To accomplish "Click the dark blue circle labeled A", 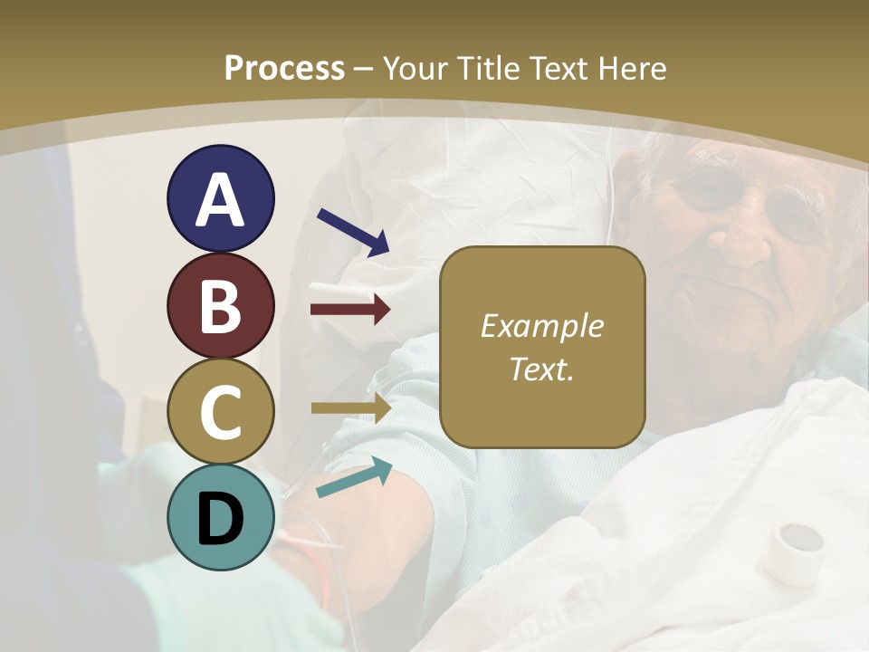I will pos(221,198).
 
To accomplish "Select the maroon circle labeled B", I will pos(221,305).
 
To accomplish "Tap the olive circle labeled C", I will pos(221,412).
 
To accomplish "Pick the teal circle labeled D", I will pos(221,517).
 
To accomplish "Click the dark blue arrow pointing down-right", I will pos(353,232).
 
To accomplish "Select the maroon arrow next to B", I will pos(350,310).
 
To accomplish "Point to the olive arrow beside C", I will pos(350,409).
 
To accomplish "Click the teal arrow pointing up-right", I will pos(354,478).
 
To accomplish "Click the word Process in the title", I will pos(284,68).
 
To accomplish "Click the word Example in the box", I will pos(541,327).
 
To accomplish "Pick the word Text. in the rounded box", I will pos(541,369).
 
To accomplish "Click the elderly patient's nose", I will pos(745,240).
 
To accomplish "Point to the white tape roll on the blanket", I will pos(792,551).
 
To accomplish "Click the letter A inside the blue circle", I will pos(221,200).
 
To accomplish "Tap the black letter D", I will pos(221,519).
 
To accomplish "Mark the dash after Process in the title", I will pos(364,69).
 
